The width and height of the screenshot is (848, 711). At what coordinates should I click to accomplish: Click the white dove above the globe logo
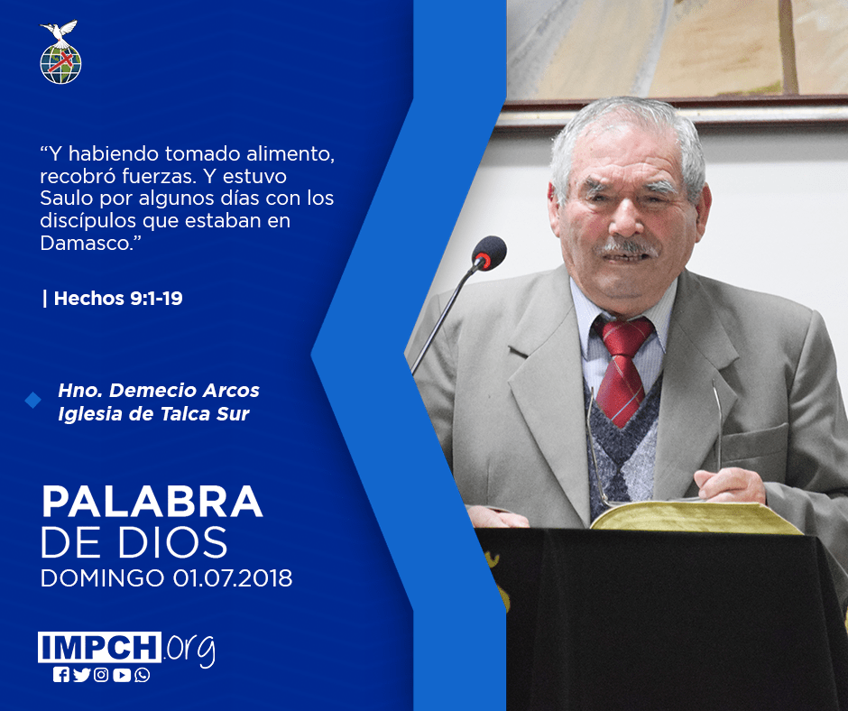[59, 32]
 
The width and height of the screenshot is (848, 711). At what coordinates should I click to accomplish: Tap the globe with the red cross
[60, 63]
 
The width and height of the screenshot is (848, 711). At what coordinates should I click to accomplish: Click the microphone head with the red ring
[489, 253]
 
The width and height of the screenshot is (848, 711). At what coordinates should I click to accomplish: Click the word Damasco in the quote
[87, 243]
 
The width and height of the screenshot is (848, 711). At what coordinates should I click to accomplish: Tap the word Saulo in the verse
[67, 198]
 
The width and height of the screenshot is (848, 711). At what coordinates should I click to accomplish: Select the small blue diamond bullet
[33, 401]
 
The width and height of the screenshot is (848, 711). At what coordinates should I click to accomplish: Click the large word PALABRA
[152, 503]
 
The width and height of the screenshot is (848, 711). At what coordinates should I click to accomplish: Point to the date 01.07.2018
[233, 577]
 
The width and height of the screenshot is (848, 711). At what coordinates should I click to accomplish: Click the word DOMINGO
[102, 577]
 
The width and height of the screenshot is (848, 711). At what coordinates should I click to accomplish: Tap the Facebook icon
[61, 675]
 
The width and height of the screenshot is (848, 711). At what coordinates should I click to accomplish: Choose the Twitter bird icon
[81, 675]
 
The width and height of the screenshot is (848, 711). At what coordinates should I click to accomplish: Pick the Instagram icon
[101, 675]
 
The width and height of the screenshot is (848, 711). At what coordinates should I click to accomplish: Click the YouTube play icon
[122, 675]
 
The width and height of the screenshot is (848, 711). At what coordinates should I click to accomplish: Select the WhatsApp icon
[143, 675]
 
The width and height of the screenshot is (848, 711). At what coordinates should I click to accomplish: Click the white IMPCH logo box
[99, 647]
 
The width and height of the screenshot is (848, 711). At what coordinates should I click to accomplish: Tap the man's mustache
[626, 247]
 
